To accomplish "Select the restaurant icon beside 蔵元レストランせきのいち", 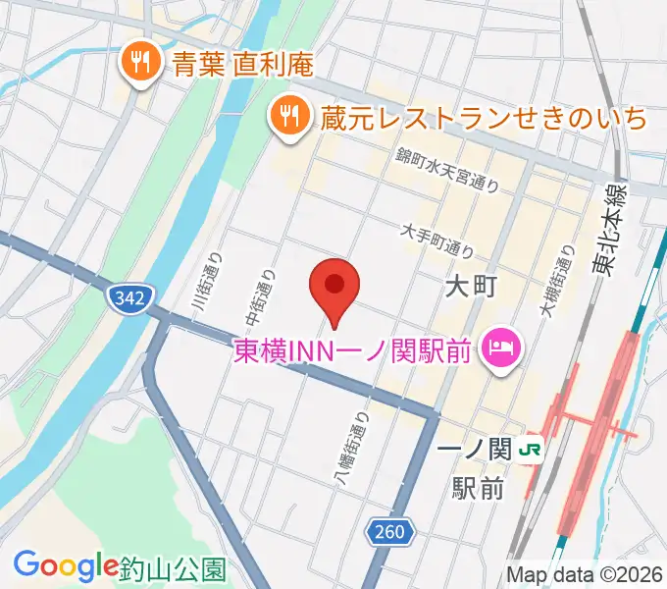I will click(287, 118).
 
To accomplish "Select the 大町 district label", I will click(473, 287).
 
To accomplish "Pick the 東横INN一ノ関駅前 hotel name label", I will click(353, 349).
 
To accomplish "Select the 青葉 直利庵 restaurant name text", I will click(242, 65).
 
